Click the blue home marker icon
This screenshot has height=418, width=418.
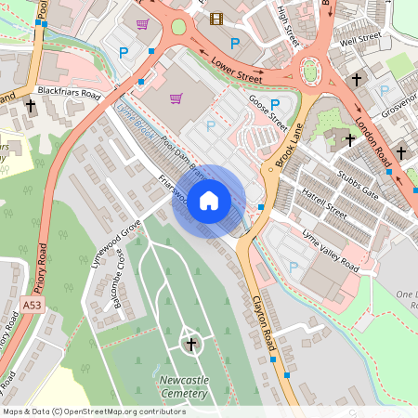click(x=209, y=200)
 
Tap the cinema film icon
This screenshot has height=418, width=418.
click(x=216, y=19)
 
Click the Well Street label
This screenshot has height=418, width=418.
click(x=360, y=40)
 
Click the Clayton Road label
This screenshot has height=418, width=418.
click(x=265, y=319)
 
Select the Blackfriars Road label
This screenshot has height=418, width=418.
click(x=69, y=92)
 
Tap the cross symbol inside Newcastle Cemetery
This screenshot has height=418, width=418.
click(x=191, y=346)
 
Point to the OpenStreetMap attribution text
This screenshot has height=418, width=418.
click(x=93, y=411)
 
